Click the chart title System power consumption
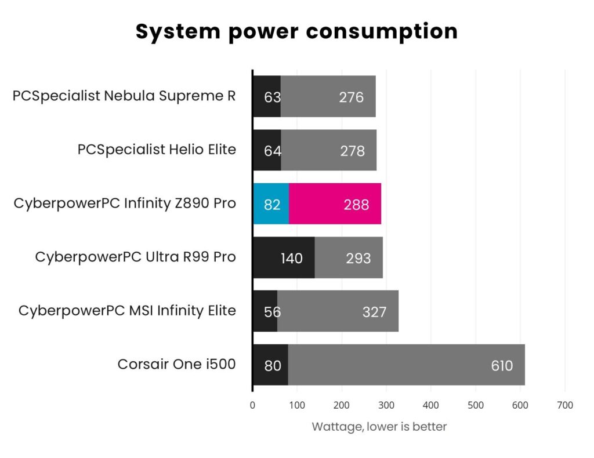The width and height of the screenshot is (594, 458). [x=296, y=32]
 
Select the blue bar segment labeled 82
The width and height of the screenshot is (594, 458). [x=271, y=204]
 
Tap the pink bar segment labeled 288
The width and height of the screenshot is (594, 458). [x=335, y=204]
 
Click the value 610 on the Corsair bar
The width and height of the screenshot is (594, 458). [x=501, y=365]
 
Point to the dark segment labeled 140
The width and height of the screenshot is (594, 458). [x=284, y=258]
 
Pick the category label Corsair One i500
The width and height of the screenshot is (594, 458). [x=176, y=364]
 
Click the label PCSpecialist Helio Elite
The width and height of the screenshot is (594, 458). [x=157, y=150]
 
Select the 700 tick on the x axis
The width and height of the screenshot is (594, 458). [x=564, y=405]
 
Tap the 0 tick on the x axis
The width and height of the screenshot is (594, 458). [x=252, y=405]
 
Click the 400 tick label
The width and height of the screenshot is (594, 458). [x=430, y=405]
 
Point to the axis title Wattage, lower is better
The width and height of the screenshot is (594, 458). [x=379, y=427]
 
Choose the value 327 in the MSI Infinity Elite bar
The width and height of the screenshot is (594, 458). [x=374, y=312]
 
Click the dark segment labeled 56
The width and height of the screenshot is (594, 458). [x=265, y=312]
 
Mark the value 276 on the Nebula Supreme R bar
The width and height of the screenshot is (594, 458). [x=351, y=97]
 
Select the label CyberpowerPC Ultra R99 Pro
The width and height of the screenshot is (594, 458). [x=135, y=257]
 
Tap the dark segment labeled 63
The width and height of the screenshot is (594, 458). [x=267, y=97]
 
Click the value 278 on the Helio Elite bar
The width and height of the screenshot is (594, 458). [x=352, y=151]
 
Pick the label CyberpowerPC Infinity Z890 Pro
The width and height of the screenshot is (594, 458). [x=125, y=203]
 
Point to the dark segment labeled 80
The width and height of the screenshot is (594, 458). [x=270, y=365]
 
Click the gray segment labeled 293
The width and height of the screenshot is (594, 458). [x=349, y=258]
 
